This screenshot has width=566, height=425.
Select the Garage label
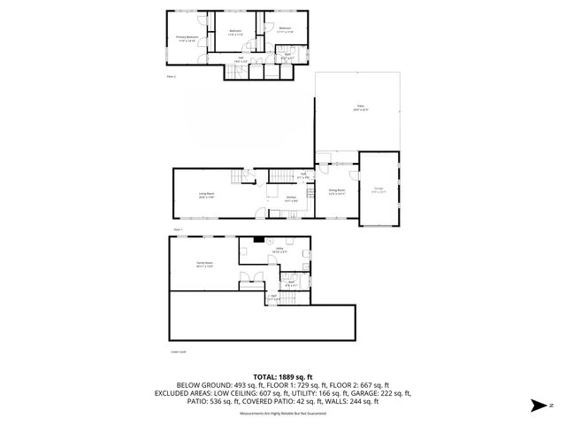click(378, 189)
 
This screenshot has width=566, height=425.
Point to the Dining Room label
click(337, 190)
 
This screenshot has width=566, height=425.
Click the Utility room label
click(279, 250)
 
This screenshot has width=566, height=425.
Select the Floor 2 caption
click(172, 77)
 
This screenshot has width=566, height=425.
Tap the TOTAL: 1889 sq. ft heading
click(282, 376)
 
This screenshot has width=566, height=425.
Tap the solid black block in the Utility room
click(258, 239)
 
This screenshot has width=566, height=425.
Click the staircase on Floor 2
click(239, 72)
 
